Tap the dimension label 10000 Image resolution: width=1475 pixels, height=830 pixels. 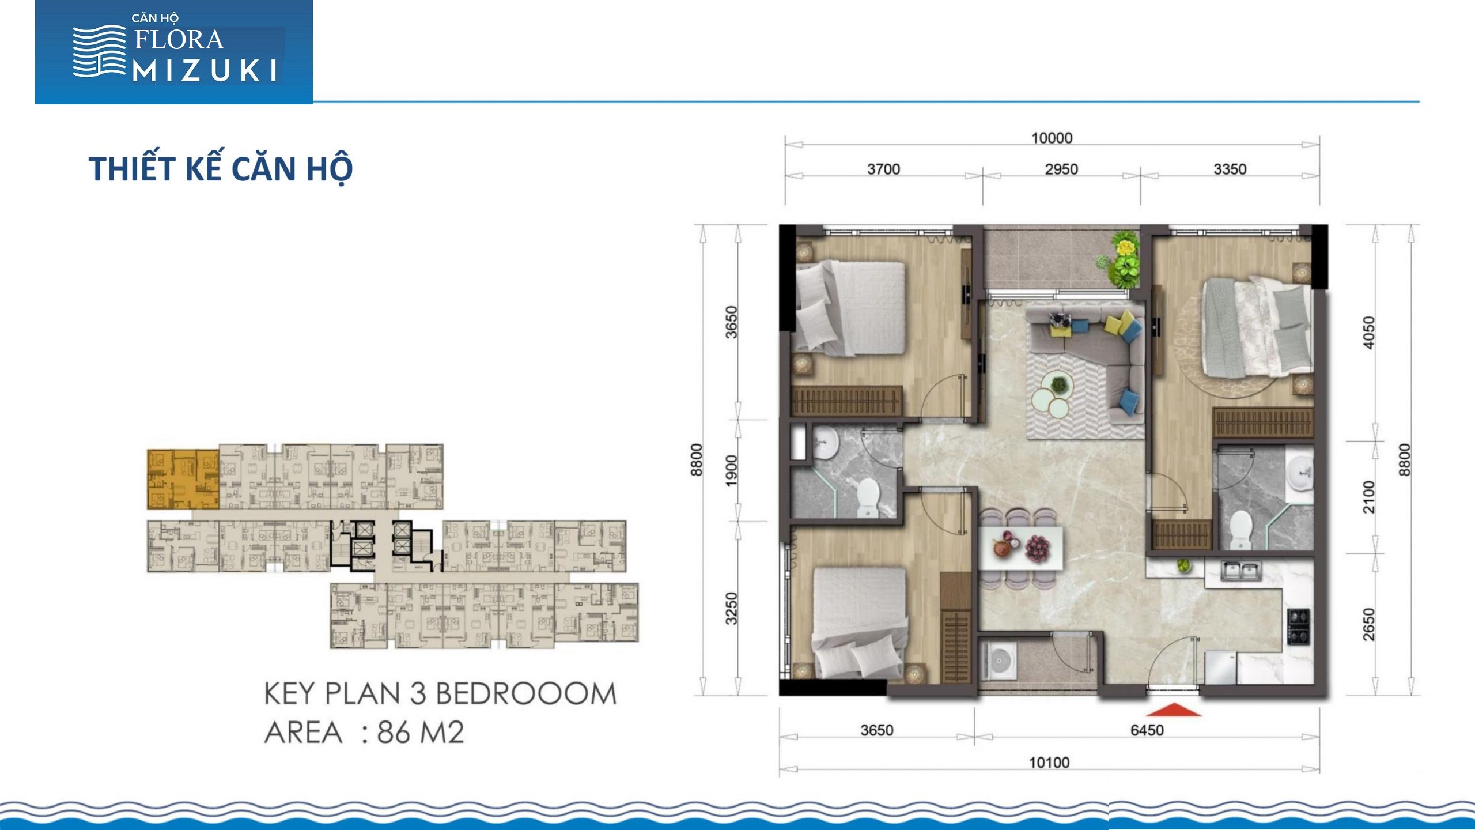point(1052,138)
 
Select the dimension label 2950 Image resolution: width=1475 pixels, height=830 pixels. point(1061,169)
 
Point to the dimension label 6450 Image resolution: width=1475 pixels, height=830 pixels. point(1147,730)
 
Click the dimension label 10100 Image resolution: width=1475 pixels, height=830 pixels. point(1049,763)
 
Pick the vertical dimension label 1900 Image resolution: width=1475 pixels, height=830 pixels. point(731,470)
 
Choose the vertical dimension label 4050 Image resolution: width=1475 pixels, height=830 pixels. point(1368,333)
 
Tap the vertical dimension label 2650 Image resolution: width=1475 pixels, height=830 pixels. point(1368,624)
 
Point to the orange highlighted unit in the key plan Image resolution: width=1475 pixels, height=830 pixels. point(183,480)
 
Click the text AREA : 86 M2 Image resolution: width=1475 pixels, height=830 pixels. point(364,733)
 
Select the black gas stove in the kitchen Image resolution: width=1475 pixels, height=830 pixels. point(1299,627)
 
